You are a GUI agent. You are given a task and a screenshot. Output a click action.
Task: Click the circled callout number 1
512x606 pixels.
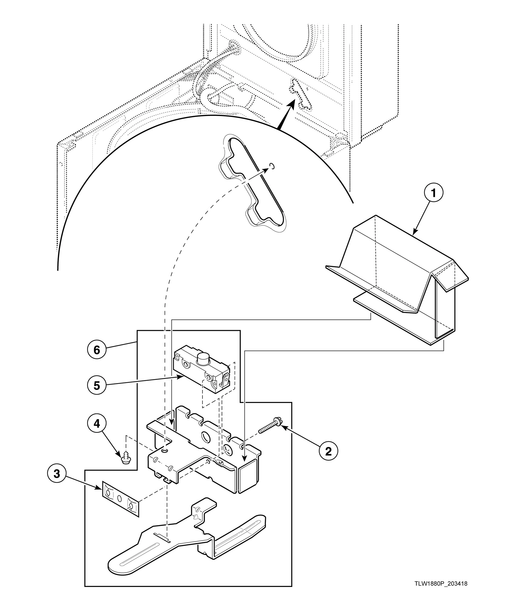pos(433,193)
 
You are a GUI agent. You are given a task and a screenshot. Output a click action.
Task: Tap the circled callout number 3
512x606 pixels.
pos(57,474)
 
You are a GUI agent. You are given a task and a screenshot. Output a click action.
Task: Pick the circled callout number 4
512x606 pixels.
pos(96,424)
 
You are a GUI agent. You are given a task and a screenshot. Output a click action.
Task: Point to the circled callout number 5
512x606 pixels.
pos(96,385)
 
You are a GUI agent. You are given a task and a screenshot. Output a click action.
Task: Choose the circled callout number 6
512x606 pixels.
pos(96,350)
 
